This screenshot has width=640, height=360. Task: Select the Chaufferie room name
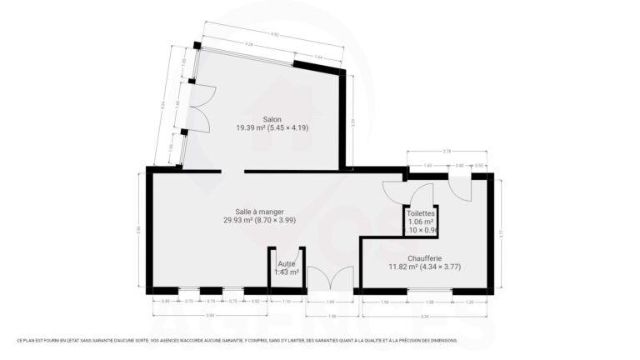[x=425, y=258]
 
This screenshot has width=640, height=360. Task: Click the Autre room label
[x=286, y=264]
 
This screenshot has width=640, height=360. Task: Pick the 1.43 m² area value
[x=286, y=272]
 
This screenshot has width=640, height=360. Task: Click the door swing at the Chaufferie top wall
[x=459, y=188]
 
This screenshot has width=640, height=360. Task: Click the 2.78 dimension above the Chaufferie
[x=447, y=151]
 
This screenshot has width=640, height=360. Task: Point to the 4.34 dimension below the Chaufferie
[x=424, y=317]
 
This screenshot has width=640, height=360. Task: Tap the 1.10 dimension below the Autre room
[x=286, y=301]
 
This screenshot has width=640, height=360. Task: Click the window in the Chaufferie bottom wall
[x=429, y=290]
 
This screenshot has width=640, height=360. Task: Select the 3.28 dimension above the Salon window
[x=248, y=44]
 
